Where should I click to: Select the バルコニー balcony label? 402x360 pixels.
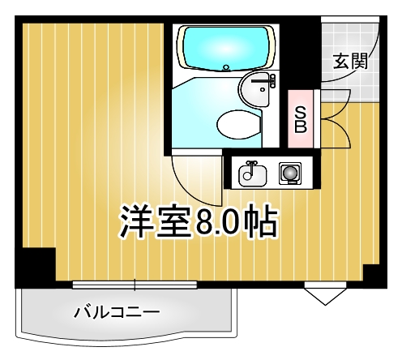[115, 312]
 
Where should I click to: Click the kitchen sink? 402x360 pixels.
[251, 172]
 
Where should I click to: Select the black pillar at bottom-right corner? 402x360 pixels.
[376, 274]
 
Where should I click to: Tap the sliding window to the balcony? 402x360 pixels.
[134, 283]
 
